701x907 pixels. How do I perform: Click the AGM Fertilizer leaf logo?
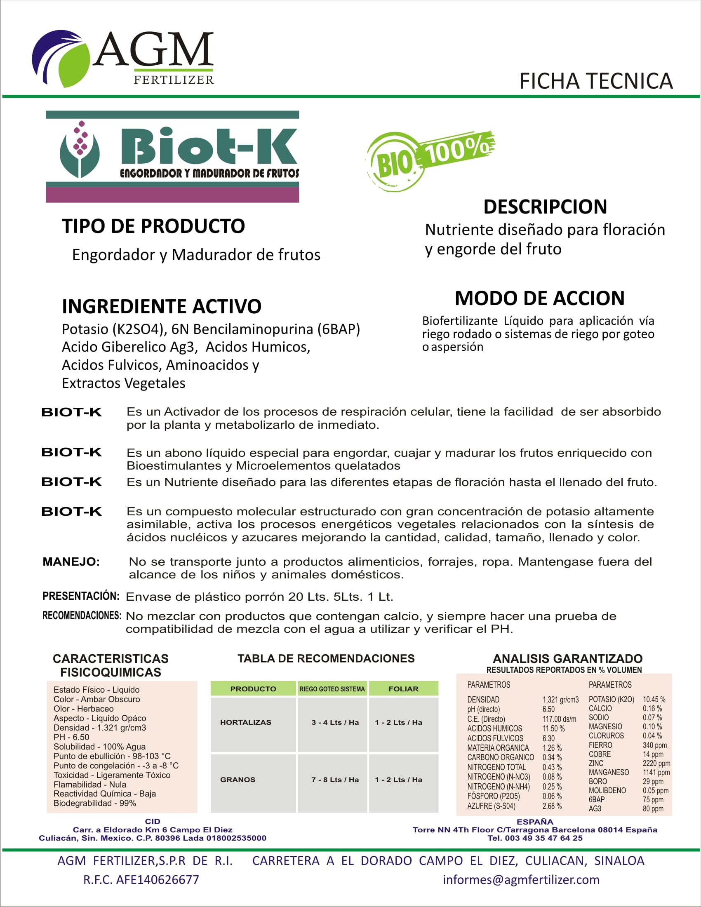tap(61, 58)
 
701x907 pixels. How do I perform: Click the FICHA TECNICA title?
tap(596, 81)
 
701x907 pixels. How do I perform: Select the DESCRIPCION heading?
tap(545, 207)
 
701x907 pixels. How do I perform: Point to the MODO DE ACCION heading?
tap(539, 298)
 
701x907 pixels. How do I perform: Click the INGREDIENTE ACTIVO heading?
tap(162, 306)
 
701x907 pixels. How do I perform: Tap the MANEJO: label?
tap(71, 562)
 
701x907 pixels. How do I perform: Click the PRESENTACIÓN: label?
tap(80, 596)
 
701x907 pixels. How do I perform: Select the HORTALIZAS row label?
tap(245, 722)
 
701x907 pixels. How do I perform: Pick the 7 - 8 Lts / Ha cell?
tap(335, 780)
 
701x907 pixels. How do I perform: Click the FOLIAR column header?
tap(403, 689)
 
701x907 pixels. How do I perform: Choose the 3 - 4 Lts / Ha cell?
tap(335, 722)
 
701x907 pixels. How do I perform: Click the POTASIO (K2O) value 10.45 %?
tap(654, 699)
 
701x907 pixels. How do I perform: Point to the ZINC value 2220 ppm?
tap(656, 763)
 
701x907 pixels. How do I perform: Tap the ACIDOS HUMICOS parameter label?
tap(494, 728)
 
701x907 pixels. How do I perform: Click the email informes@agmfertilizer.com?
tap(521, 880)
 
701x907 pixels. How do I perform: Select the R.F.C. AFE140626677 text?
tap(141, 880)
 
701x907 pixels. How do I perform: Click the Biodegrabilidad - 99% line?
tap(95, 803)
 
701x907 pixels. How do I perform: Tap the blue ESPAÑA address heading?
tap(535, 822)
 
